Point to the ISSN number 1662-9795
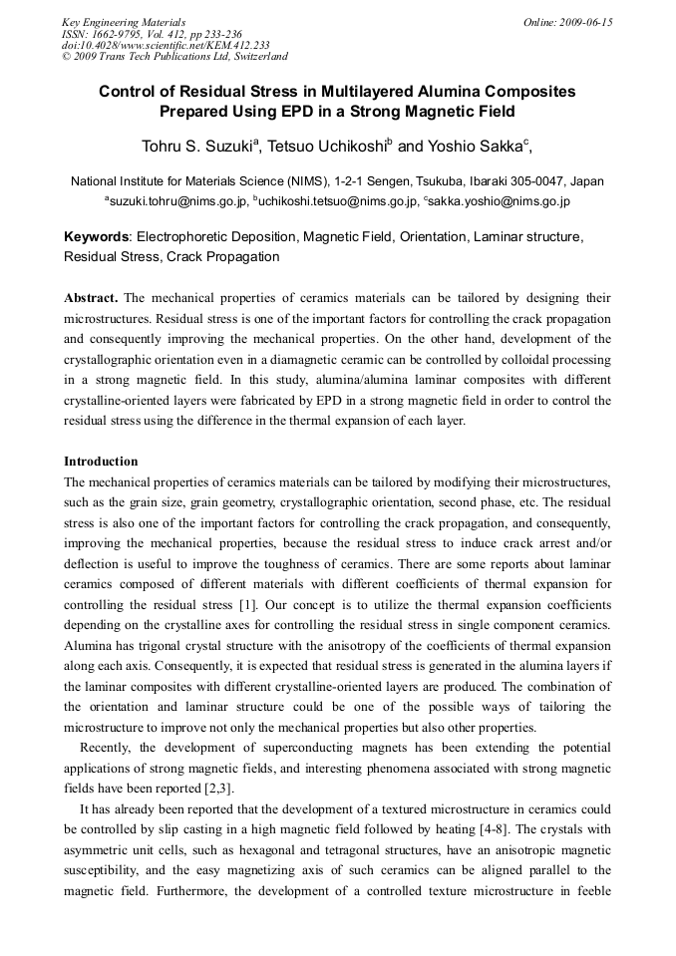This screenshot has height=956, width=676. (x=118, y=34)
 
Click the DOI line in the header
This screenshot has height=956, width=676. (x=166, y=45)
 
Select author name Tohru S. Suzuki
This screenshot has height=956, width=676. (x=197, y=147)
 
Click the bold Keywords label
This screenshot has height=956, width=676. (x=97, y=237)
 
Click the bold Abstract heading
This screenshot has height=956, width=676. (x=91, y=298)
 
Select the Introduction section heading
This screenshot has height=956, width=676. (x=101, y=462)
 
